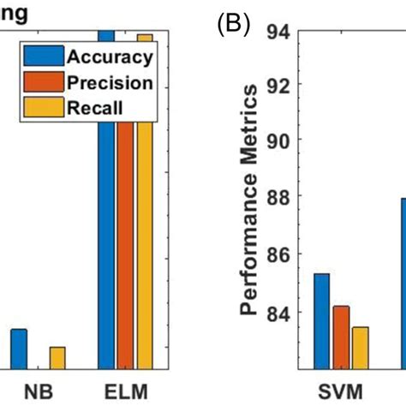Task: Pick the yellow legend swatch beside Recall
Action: (x=39, y=107)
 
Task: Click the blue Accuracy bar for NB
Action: (x=19, y=349)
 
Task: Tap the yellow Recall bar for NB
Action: (x=57, y=358)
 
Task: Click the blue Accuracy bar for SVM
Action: (x=321, y=321)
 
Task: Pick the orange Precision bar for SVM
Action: (x=340, y=337)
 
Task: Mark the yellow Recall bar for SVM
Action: (x=359, y=348)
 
